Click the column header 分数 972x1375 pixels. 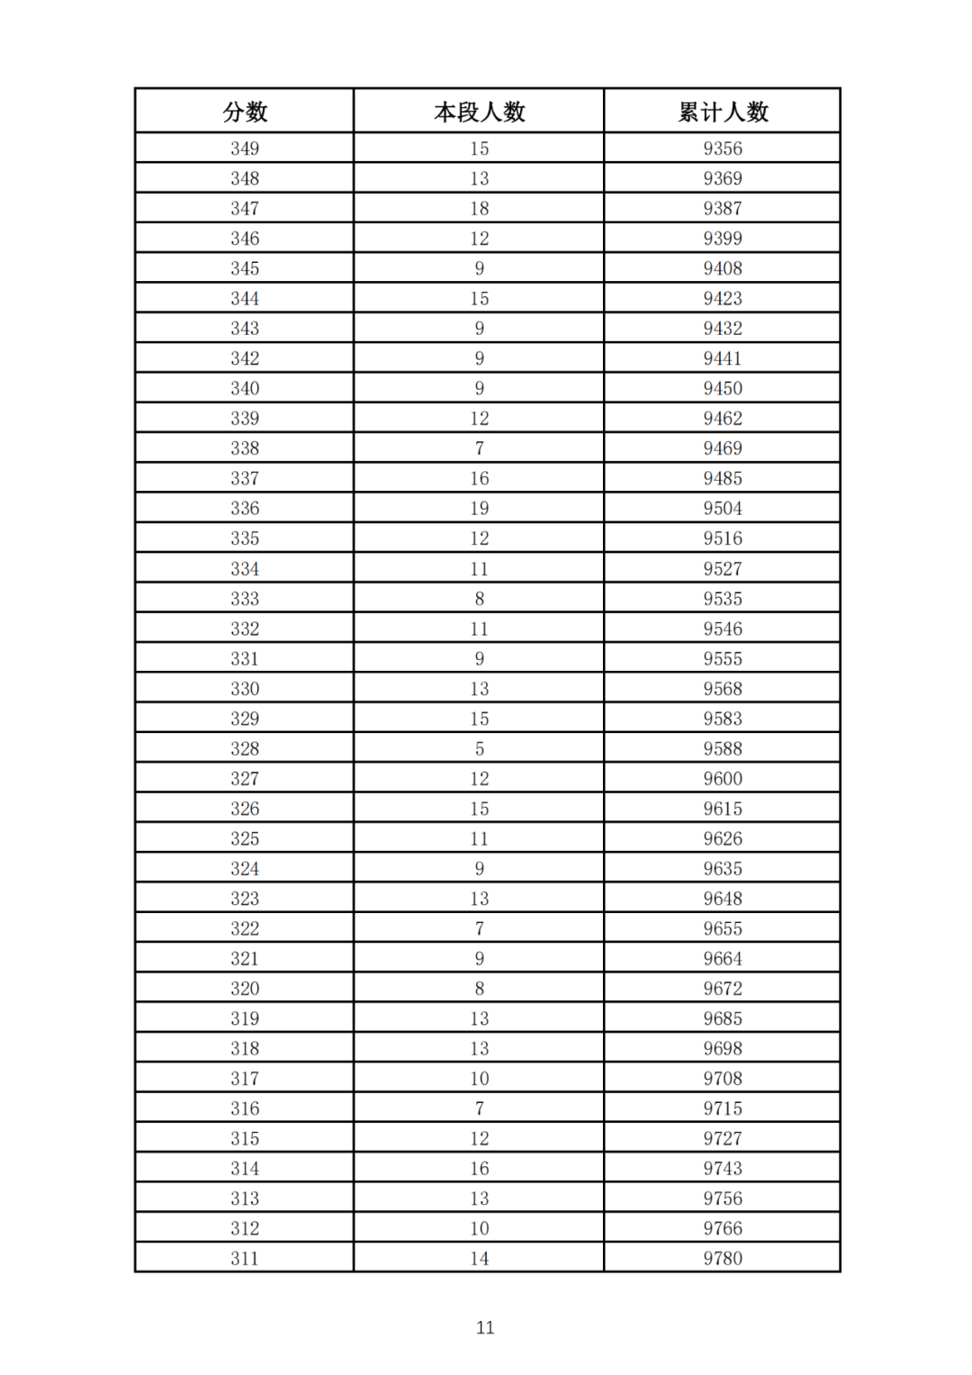[x=245, y=112]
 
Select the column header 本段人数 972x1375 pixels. [x=479, y=112]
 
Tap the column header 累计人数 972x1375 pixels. [x=723, y=112]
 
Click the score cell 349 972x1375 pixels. [x=245, y=149]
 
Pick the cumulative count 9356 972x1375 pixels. [x=723, y=149]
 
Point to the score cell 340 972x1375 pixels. [x=245, y=388]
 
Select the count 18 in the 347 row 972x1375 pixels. [x=479, y=208]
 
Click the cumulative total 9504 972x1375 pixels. [x=723, y=508]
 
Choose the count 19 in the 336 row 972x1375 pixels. [x=479, y=508]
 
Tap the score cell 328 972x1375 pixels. [x=245, y=748]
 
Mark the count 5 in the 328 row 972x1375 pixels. [x=479, y=748]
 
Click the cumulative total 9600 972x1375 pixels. [x=723, y=778]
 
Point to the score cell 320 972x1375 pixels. [x=245, y=988]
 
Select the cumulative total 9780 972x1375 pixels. [x=723, y=1258]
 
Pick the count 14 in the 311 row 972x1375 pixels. [x=479, y=1258]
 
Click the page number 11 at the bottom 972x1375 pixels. [x=485, y=1327]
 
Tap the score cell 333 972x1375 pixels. [x=245, y=598]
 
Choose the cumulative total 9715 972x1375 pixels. [x=723, y=1108]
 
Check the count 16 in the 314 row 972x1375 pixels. [x=479, y=1168]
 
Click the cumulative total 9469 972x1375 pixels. [x=723, y=448]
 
